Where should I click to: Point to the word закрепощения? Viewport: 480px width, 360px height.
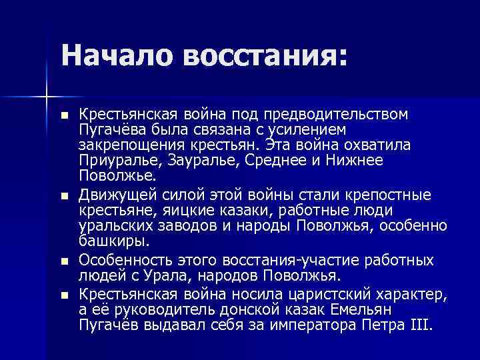pos(127,145)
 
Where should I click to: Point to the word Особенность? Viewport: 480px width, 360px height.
pos(120,260)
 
